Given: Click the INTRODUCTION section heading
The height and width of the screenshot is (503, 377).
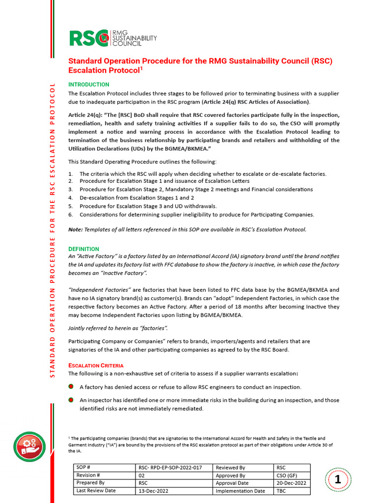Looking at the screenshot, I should coord(88,84).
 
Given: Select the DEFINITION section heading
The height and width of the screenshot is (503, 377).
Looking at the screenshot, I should coord(83,249).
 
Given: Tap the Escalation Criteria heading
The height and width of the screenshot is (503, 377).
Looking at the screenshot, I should coord(96,365).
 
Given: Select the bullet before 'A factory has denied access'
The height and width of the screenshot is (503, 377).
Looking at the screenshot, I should coord(71,387).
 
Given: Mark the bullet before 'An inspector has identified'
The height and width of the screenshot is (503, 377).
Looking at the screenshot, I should coord(71,400).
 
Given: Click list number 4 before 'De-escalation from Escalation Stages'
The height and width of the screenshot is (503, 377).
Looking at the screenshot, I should coord(70,198).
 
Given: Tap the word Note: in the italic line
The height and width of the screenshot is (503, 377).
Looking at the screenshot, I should coord(76,230).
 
